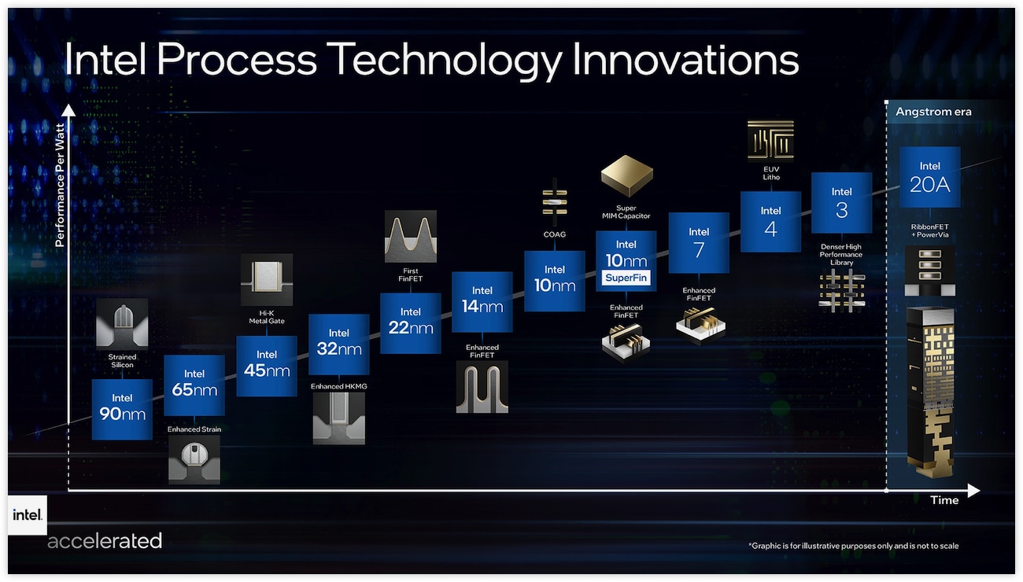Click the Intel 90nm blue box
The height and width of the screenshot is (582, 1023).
click(122, 410)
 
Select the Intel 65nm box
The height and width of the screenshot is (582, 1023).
click(194, 385)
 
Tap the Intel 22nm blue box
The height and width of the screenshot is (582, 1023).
click(411, 323)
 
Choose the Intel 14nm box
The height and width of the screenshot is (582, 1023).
click(482, 302)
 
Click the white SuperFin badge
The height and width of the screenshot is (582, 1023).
click(626, 278)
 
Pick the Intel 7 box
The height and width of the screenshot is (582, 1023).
click(699, 243)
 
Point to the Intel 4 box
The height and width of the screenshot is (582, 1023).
click(770, 222)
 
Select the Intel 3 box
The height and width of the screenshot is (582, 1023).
click(842, 203)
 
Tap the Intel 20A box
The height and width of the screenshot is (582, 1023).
click(930, 177)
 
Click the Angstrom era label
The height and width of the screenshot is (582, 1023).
click(933, 112)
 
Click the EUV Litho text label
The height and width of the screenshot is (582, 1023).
click(771, 173)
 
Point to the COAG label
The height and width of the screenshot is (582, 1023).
click(555, 234)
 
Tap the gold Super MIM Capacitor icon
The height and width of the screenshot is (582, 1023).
click(626, 175)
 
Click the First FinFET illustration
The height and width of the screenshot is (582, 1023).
click(411, 236)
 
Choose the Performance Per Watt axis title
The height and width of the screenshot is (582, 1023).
click(60, 186)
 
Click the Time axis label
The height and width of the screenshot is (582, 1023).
click(944, 500)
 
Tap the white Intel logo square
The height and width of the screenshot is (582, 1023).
click(28, 515)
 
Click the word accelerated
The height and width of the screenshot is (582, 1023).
click(105, 541)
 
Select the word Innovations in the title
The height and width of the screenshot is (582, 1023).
click(685, 59)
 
